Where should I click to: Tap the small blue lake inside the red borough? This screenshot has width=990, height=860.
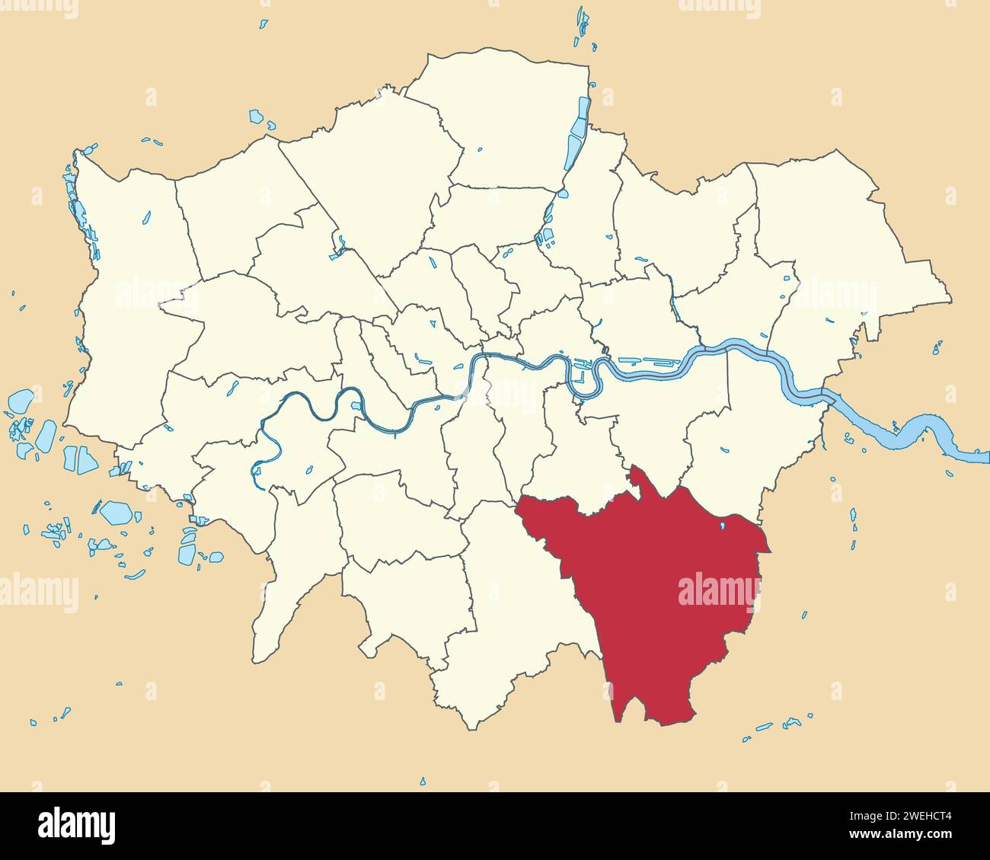tap(722, 526)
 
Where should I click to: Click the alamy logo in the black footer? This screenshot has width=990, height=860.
tap(76, 825)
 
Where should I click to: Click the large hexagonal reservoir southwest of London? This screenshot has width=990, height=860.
tap(117, 512)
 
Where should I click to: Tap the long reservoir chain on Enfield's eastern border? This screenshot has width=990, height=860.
tap(578, 137)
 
